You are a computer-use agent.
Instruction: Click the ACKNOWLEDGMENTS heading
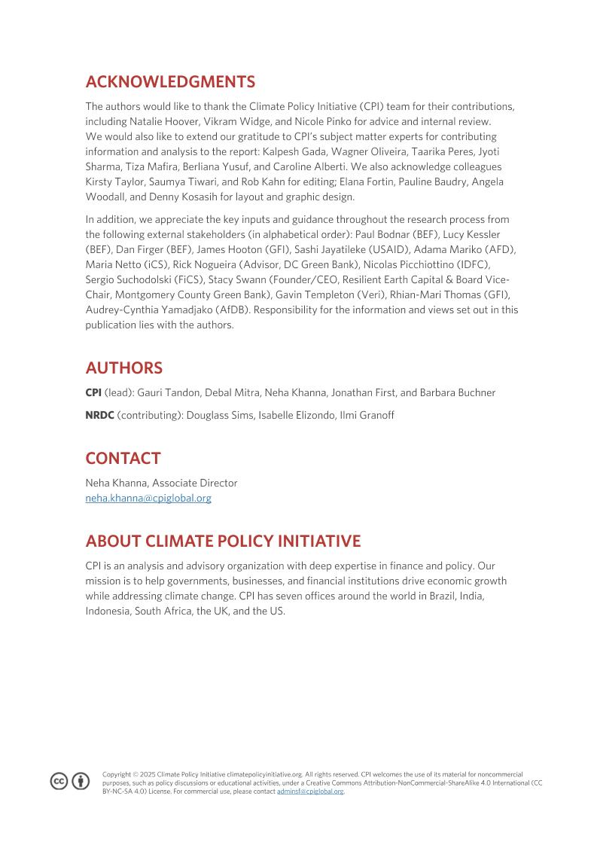pyautogui.click(x=170, y=82)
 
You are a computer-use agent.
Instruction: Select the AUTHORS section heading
pyautogui.click(x=124, y=368)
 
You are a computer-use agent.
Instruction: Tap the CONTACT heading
pyautogui.click(x=123, y=459)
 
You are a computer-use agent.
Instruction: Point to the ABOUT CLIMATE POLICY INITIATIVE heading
pyautogui.click(x=223, y=541)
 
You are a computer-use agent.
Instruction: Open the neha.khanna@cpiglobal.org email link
pyautogui.click(x=148, y=498)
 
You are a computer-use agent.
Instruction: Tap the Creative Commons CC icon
pyautogui.click(x=59, y=782)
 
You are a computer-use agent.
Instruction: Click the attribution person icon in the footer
pyautogui.click(x=81, y=782)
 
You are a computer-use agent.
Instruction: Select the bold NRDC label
pyautogui.click(x=99, y=415)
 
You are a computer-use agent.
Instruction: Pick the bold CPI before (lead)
pyautogui.click(x=93, y=392)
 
